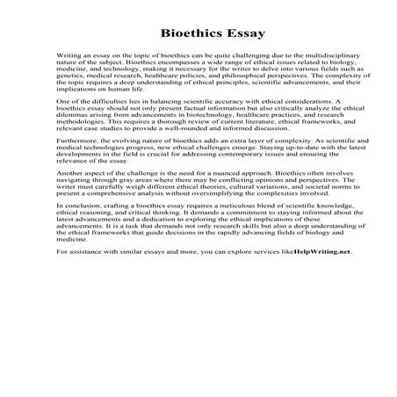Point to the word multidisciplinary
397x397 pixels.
[312, 53]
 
